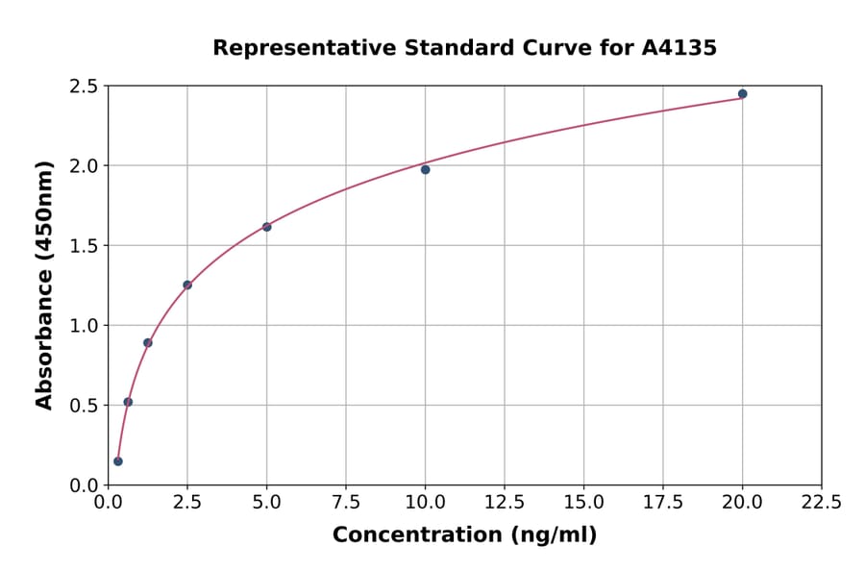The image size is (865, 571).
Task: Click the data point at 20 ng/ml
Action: [x=742, y=94]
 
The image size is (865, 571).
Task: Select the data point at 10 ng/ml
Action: [x=425, y=170]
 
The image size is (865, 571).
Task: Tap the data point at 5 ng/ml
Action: [x=266, y=227]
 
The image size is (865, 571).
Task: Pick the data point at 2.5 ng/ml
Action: [x=187, y=285]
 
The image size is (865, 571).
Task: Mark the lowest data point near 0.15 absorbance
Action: [x=118, y=461]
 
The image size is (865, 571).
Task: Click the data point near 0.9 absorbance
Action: [x=148, y=342]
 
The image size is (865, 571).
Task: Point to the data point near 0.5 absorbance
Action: [x=128, y=402]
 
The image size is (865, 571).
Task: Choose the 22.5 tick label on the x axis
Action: [x=821, y=502]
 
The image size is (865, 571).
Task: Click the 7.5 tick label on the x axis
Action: [x=346, y=502]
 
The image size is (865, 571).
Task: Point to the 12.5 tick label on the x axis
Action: [x=504, y=502]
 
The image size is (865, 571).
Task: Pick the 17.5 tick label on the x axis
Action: [x=662, y=502]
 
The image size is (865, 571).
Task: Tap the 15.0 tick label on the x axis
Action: [x=583, y=502]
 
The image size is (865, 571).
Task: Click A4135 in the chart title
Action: [x=679, y=47]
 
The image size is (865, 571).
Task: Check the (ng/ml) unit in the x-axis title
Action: [x=553, y=535]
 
